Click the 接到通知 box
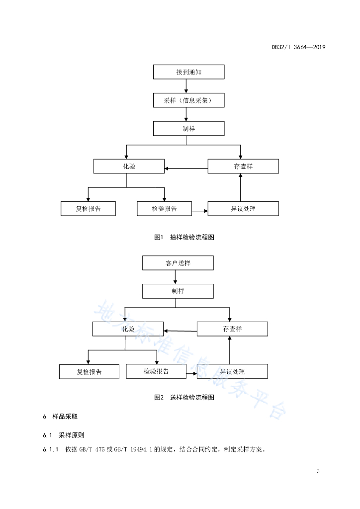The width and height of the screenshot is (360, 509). (x=188, y=72)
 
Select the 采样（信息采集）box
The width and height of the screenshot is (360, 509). (x=188, y=100)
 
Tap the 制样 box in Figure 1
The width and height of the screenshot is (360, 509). (x=188, y=129)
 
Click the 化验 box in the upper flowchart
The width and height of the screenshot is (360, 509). (x=129, y=166)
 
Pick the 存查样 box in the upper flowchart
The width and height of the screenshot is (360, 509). (x=243, y=166)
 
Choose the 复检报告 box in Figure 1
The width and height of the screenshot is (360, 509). (x=88, y=209)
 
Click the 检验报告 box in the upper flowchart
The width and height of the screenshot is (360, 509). (x=164, y=209)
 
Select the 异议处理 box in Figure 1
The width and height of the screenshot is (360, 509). (x=243, y=209)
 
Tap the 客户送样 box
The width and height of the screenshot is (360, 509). (x=178, y=263)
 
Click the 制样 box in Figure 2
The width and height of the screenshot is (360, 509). (x=178, y=291)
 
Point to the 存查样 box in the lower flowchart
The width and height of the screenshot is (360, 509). (x=232, y=329)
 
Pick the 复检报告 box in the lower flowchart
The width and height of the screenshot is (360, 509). (x=89, y=372)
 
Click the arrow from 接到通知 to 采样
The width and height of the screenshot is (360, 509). (x=186, y=86)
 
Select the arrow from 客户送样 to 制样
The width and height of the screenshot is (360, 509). (x=176, y=277)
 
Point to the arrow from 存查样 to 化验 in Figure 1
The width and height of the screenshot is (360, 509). (x=186, y=169)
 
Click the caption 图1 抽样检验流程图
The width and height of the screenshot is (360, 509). (x=184, y=237)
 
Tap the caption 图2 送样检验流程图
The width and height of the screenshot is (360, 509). (x=184, y=397)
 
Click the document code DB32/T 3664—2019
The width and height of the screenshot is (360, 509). (x=298, y=47)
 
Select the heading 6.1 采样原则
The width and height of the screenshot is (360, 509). (x=64, y=435)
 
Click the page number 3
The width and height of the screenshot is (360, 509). (x=318, y=471)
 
